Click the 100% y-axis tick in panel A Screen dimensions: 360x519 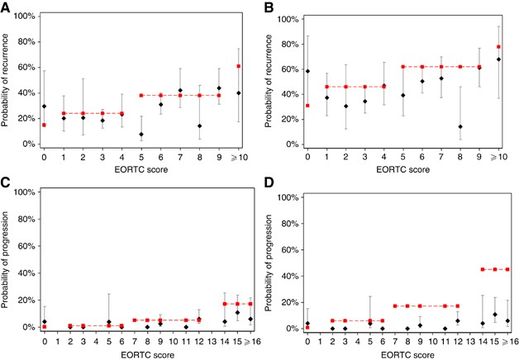(x=23, y=17)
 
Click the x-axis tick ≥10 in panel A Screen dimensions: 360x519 (x=239, y=154)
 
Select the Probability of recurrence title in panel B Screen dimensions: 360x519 (x=269, y=80)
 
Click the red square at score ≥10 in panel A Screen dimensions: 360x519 (x=239, y=66)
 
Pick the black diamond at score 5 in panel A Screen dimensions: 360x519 (x=141, y=134)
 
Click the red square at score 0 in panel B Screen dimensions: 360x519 (x=307, y=106)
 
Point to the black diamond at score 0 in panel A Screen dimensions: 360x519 (x=44, y=107)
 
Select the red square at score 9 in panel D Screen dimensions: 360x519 (x=420, y=306)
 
